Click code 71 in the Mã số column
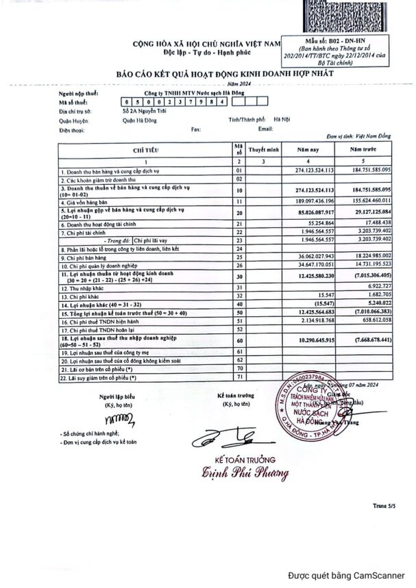click(239, 376)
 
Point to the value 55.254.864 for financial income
click(316, 223)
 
